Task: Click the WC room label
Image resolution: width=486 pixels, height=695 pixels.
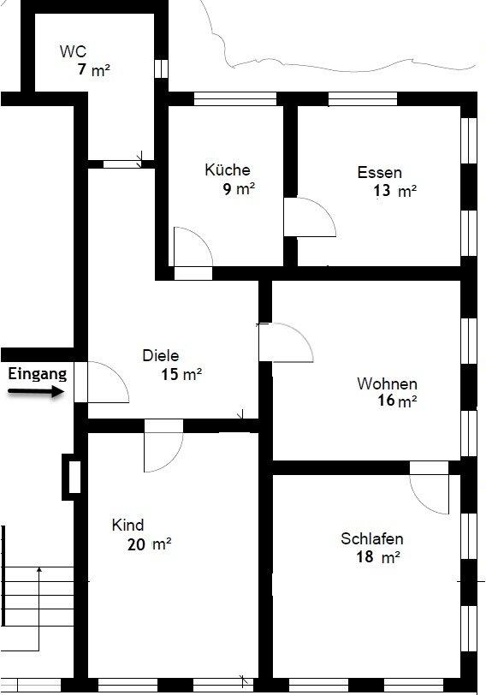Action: click(73, 51)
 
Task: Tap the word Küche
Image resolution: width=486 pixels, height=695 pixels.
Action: click(228, 169)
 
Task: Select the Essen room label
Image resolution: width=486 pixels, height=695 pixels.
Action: click(380, 172)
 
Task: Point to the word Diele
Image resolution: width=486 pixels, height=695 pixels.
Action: click(161, 355)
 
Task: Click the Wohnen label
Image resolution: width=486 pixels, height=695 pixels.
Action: click(387, 383)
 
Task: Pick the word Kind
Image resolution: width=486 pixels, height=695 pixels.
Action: click(128, 525)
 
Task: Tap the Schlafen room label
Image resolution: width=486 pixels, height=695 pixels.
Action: click(371, 538)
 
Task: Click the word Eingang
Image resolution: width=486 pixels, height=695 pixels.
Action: click(38, 374)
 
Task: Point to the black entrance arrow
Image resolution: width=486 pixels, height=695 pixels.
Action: click(36, 391)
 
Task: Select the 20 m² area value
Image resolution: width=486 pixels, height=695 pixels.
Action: click(149, 544)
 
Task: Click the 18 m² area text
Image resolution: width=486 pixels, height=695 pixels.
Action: click(378, 556)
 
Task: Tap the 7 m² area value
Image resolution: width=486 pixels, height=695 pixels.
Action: click(93, 70)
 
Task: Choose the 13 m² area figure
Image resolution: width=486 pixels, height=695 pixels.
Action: click(394, 191)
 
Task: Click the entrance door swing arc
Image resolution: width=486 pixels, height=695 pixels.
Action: click(117, 373)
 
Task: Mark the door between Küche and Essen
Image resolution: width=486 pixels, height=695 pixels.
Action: click(309, 217)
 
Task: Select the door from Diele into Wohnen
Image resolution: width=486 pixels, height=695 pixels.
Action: click(286, 342)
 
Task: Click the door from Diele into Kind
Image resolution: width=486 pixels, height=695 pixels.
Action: click(163, 445)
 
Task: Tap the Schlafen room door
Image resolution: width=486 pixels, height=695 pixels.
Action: click(429, 488)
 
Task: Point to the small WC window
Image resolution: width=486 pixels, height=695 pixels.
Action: click(161, 68)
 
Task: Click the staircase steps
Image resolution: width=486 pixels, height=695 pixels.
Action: click(38, 597)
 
